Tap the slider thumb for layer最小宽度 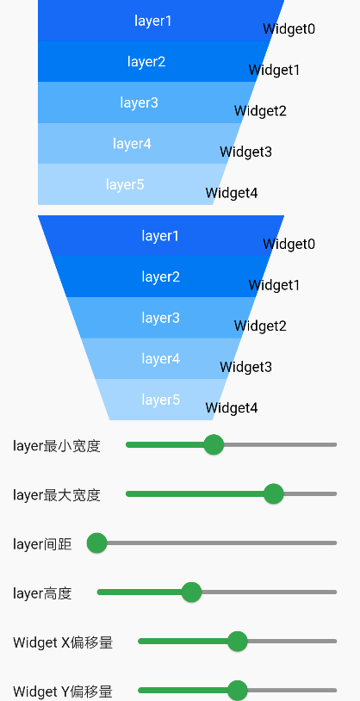point(214,444)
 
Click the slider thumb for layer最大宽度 point(274,493)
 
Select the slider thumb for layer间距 point(96,543)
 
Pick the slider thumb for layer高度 point(191,592)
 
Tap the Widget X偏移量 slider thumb point(238,641)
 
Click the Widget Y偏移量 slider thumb point(238,690)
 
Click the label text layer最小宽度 point(57,445)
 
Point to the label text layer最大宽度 point(57,494)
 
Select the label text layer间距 point(42,543)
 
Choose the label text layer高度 point(42,592)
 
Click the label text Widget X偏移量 point(63,642)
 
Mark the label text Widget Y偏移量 point(63,691)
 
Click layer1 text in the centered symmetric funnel point(161,236)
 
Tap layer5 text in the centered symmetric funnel point(161,400)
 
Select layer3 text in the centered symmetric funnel point(161,318)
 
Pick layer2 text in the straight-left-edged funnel point(146,62)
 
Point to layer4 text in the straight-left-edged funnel point(132,144)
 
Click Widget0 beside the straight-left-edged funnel point(289,29)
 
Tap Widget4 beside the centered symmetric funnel point(232,408)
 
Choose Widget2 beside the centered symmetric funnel point(260,326)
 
